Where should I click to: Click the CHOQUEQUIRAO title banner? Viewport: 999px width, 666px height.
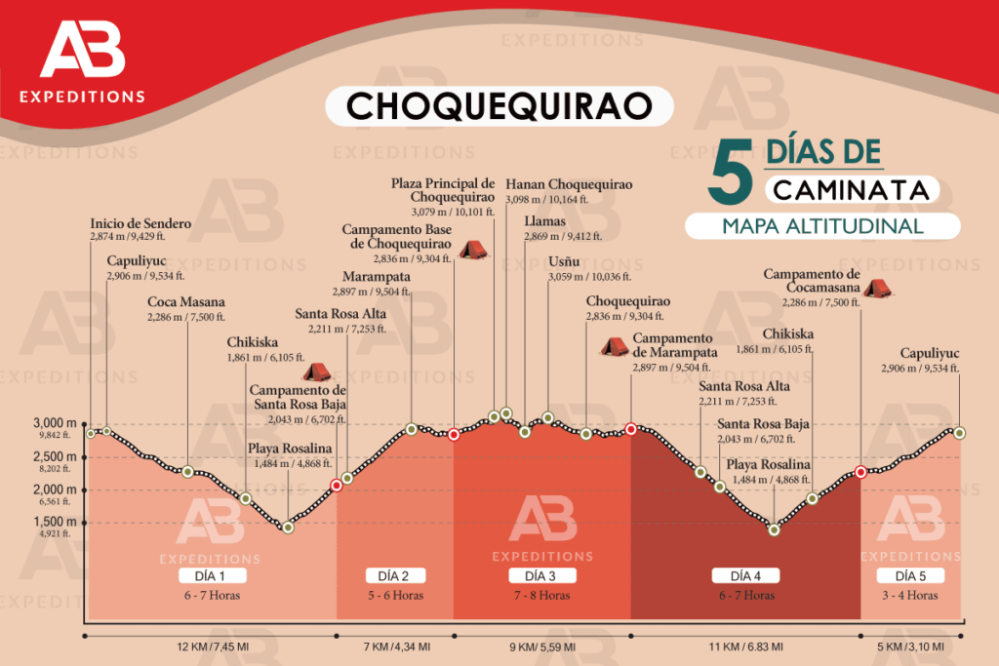point(499,105)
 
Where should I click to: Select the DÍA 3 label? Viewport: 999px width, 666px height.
point(541,574)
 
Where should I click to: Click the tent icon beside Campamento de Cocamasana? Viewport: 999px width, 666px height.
point(876,288)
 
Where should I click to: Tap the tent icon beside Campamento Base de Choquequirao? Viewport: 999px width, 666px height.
point(473,250)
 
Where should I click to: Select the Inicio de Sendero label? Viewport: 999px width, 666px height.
point(140,223)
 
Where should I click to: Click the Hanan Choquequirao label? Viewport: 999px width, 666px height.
point(569,184)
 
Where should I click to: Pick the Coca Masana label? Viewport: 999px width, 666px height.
point(186,302)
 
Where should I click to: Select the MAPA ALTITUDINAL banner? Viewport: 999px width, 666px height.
point(822,226)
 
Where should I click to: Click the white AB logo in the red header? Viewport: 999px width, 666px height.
point(83,53)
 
